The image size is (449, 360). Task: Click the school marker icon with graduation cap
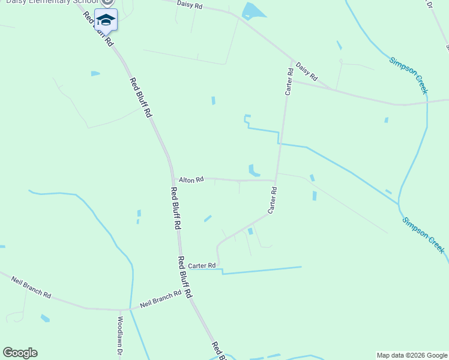[106, 20]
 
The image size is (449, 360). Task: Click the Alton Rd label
[191, 179]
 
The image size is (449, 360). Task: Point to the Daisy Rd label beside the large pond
[190, 5]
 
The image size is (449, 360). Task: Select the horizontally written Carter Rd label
[202, 265]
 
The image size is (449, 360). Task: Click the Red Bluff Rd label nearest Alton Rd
[175, 209]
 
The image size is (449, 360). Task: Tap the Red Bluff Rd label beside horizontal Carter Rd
[184, 277]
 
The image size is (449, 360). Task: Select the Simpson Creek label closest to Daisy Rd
[408, 75]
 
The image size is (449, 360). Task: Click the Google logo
[20, 353]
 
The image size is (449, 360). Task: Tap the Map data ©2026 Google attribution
[412, 355]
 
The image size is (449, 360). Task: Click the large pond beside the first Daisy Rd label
[252, 10]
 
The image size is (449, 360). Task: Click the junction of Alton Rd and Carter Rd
[276, 180]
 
